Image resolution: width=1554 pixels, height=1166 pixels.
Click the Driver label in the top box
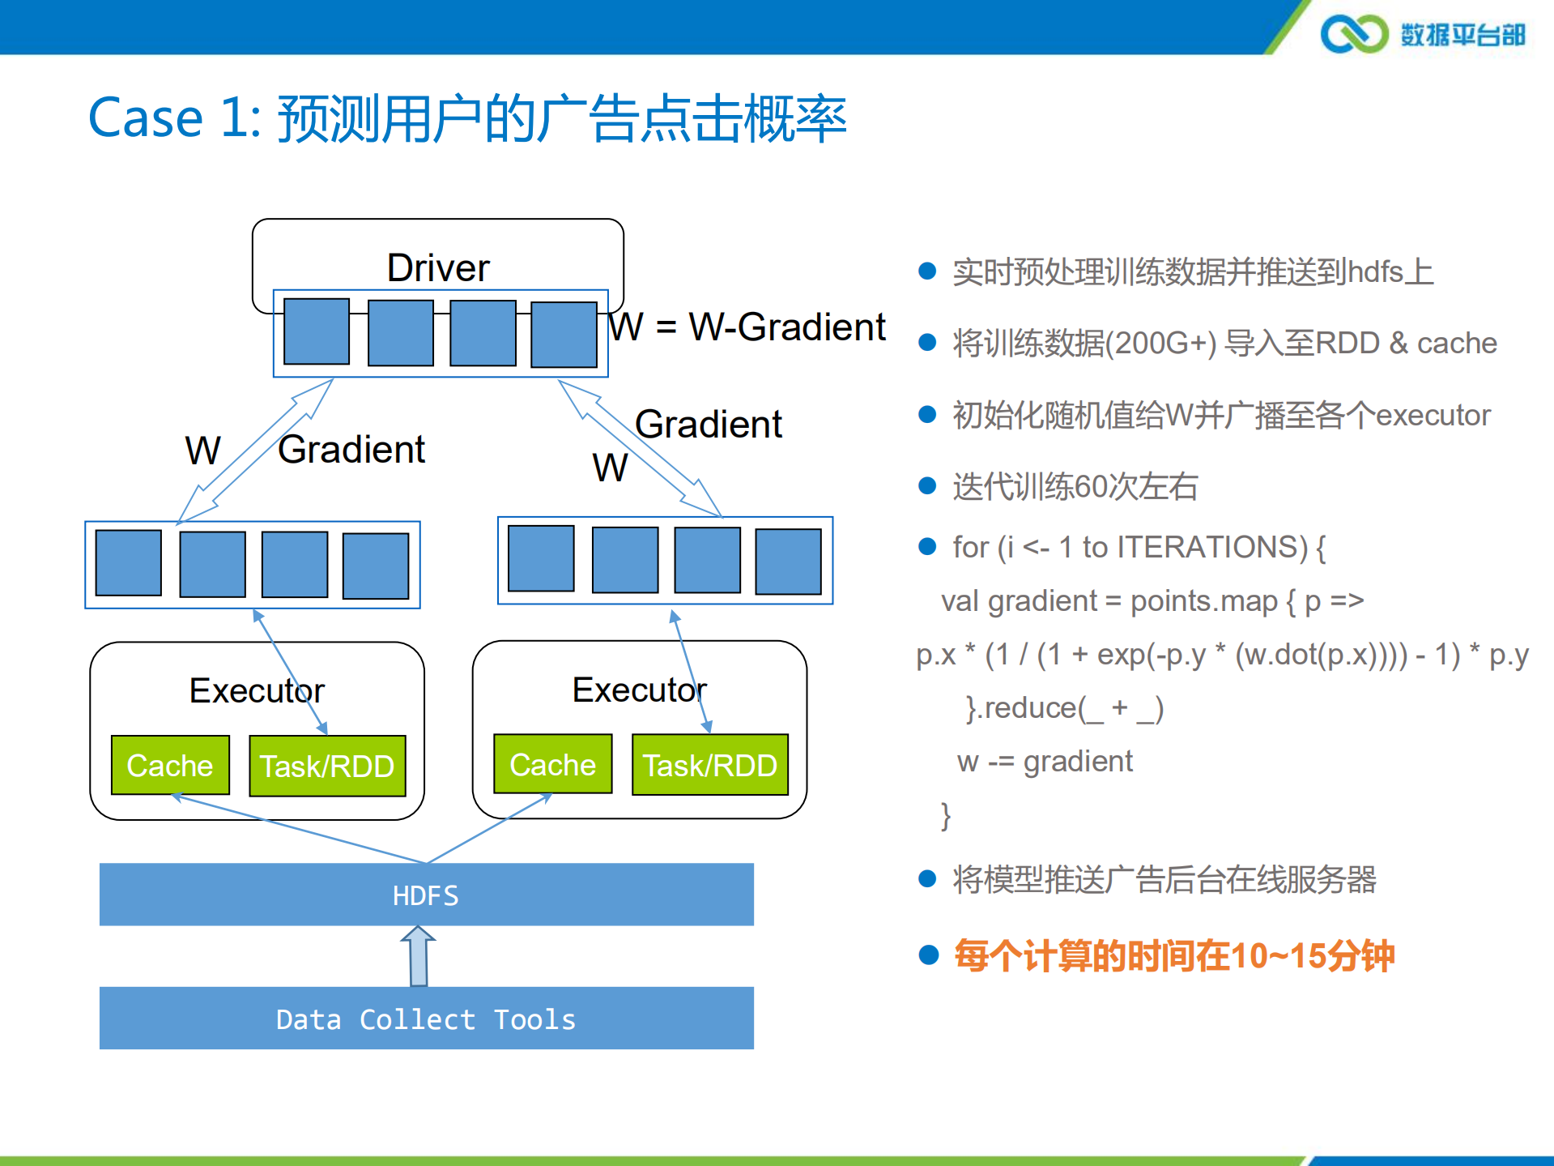[x=438, y=268]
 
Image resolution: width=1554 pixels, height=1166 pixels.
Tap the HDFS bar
[x=426, y=895]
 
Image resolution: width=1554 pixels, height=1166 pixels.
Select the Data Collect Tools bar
[x=426, y=1019]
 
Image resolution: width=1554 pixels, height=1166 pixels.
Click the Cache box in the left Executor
[x=170, y=765]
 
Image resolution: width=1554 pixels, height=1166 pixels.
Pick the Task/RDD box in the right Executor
[x=709, y=765]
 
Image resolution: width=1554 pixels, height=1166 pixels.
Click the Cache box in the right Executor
[x=552, y=764]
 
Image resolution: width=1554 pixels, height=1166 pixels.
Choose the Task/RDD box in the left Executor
[x=327, y=766]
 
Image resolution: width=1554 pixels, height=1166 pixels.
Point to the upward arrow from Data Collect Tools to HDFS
[x=418, y=957]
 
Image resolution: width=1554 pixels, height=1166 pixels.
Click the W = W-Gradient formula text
[x=747, y=327]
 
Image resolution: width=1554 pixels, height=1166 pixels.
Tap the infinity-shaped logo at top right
[x=1353, y=34]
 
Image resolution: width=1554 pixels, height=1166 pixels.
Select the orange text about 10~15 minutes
[x=1173, y=955]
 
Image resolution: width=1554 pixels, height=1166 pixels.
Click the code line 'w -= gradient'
[x=1045, y=761]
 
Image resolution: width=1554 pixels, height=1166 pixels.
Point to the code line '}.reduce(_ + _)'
[x=1064, y=708]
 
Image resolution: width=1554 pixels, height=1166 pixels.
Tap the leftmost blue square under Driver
[x=317, y=331]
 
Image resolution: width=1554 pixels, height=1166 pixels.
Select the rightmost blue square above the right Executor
[x=788, y=562]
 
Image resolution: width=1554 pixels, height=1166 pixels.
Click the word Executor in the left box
[x=257, y=690]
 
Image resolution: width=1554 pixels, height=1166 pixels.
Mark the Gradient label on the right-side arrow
[x=709, y=424]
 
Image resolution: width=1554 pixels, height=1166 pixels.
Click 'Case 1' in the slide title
[x=174, y=118]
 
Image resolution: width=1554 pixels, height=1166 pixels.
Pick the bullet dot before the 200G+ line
[x=927, y=343]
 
